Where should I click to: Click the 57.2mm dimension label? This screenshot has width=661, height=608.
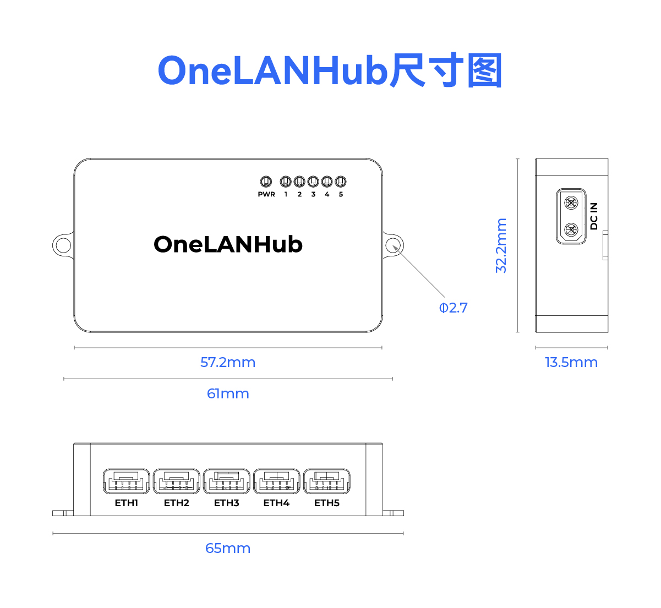pyautogui.click(x=228, y=363)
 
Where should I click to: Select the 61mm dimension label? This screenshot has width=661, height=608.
pyautogui.click(x=228, y=394)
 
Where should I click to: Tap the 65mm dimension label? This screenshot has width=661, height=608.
pyautogui.click(x=228, y=549)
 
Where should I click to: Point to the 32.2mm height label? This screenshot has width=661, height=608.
pyautogui.click(x=501, y=245)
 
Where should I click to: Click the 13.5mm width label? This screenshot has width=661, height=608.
pyautogui.click(x=571, y=363)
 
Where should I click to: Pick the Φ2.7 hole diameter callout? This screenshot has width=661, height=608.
pyautogui.click(x=454, y=308)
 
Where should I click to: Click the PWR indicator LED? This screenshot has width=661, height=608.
pyautogui.click(x=266, y=182)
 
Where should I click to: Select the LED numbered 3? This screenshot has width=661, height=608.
pyautogui.click(x=313, y=182)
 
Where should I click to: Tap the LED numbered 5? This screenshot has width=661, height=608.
pyautogui.click(x=341, y=182)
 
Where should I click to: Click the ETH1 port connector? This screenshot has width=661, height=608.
pyautogui.click(x=126, y=481)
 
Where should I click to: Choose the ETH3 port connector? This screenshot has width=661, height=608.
pyautogui.click(x=226, y=481)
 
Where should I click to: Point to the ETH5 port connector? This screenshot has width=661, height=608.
pyautogui.click(x=327, y=481)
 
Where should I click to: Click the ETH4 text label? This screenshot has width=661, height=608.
pyautogui.click(x=276, y=503)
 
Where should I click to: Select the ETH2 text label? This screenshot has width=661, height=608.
pyautogui.click(x=177, y=503)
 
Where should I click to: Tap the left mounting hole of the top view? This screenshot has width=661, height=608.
pyautogui.click(x=63, y=245)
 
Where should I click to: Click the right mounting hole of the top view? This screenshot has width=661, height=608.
pyautogui.click(x=393, y=245)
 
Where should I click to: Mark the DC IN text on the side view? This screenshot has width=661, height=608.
pyautogui.click(x=594, y=216)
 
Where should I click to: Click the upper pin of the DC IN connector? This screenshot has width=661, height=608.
pyautogui.click(x=572, y=202)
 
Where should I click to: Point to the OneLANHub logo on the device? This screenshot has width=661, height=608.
pyautogui.click(x=228, y=245)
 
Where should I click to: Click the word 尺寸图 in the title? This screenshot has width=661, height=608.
pyautogui.click(x=446, y=71)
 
